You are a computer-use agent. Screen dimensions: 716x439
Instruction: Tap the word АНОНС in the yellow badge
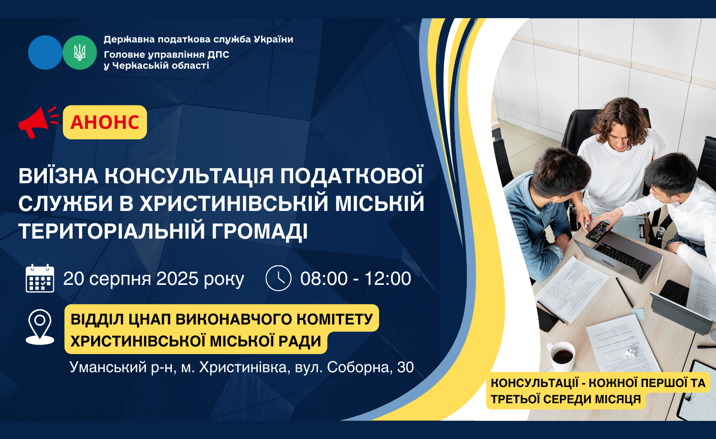coord(105,122)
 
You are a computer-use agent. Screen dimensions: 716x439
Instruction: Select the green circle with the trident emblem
coord(80,52)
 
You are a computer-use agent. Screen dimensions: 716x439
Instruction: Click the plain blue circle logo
coord(45,52)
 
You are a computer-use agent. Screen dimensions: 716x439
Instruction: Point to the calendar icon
coord(40,278)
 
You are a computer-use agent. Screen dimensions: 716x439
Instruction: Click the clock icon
coord(278,278)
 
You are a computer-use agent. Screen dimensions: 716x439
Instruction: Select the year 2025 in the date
coord(177,279)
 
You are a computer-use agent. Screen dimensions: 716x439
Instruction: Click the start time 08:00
coord(324,279)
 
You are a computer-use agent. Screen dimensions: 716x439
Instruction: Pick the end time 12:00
coord(388,279)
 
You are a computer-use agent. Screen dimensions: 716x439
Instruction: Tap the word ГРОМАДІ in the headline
coord(259,231)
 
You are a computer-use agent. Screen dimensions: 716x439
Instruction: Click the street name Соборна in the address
coord(360,367)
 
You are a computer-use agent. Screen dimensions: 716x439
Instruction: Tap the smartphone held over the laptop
coord(598,231)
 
